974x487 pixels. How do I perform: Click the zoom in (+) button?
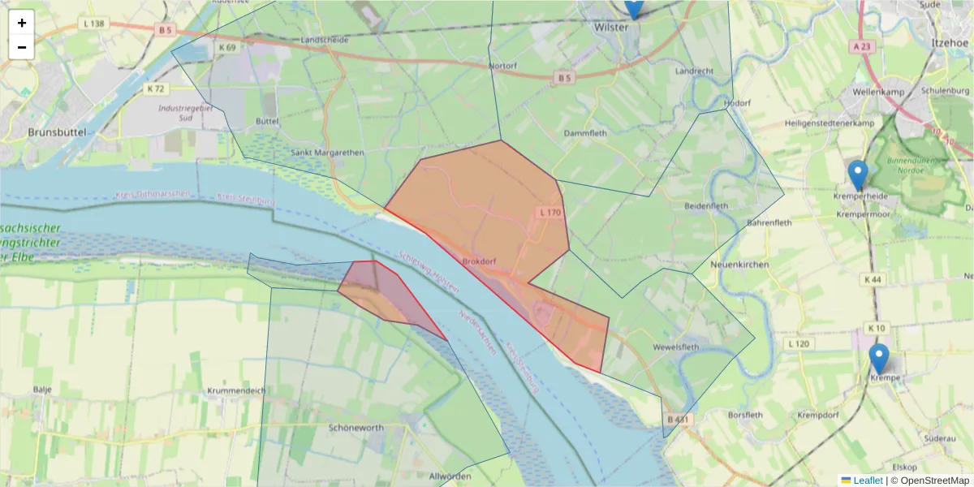pos(22,23)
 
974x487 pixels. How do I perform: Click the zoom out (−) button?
pos(22,47)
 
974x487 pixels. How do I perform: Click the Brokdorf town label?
pos(478,261)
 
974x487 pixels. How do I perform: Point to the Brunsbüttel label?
pos(57,131)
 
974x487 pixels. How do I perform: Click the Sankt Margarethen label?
pos(328,152)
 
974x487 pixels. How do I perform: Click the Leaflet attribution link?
pos(867,481)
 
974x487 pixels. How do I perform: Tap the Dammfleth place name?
pos(584,131)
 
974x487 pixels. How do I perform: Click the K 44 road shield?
pos(873,279)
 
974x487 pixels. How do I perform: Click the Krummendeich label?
pos(236,390)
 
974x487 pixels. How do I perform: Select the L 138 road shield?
pos(93,24)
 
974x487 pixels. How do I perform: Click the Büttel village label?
pos(267,121)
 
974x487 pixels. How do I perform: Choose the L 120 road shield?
pos(799,344)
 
